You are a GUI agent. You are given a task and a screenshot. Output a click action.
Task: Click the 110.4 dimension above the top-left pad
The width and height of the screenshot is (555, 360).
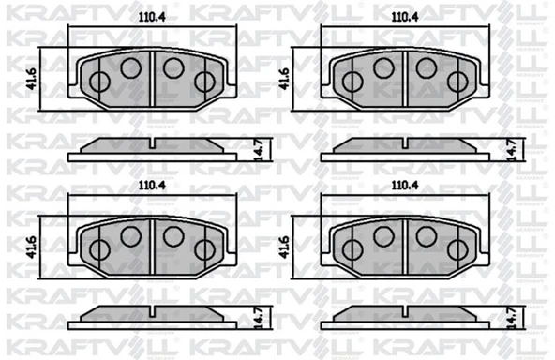pos(152,17)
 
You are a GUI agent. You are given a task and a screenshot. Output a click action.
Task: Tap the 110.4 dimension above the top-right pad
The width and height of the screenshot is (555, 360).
pos(405,17)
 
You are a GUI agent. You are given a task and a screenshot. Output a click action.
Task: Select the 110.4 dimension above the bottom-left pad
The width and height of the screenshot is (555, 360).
pos(152,185)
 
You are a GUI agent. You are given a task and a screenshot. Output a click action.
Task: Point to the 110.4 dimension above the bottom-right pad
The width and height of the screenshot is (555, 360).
pos(405,185)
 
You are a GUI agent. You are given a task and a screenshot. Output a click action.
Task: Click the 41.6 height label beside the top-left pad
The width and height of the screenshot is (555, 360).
pos(33,79)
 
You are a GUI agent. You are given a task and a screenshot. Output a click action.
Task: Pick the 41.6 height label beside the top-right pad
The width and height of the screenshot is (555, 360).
pos(285,79)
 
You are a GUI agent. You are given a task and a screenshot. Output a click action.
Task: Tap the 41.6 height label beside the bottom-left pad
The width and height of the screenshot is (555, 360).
pos(33,247)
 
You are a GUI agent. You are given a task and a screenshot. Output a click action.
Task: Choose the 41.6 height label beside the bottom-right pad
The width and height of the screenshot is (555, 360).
pos(285,247)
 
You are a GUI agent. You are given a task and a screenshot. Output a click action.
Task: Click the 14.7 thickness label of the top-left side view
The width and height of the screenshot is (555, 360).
pos(260,150)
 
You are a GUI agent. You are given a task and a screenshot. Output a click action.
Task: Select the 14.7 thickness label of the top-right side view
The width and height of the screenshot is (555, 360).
pos(512,150)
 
